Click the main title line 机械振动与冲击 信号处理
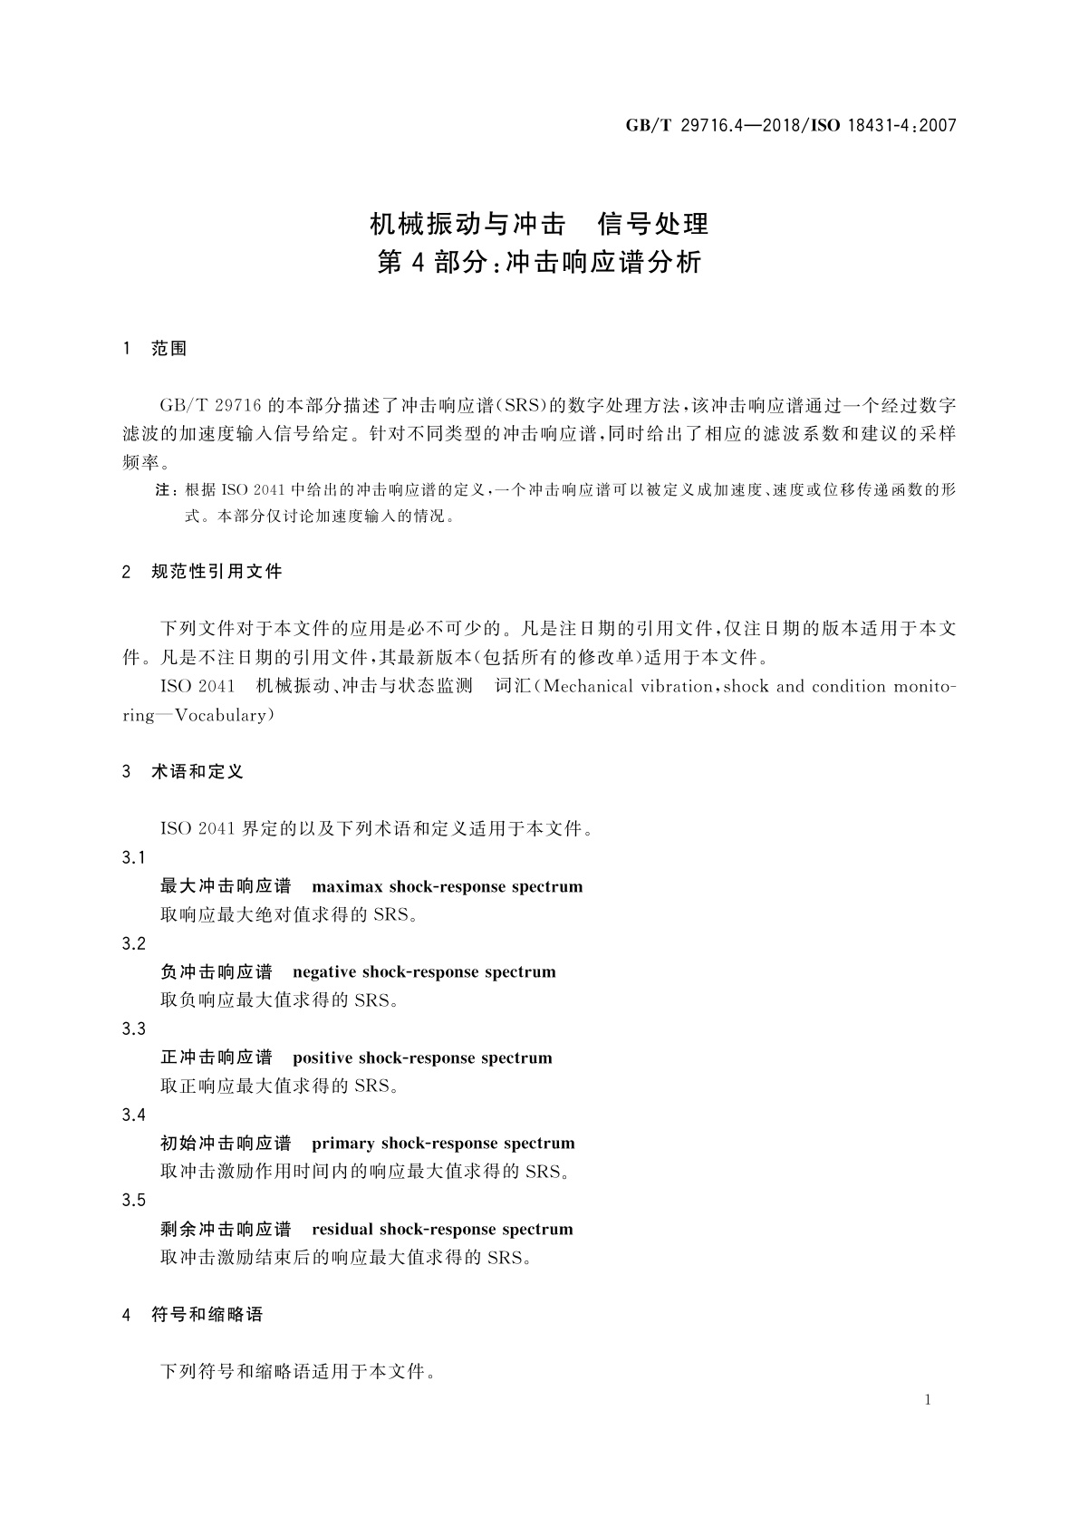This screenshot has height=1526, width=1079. click(x=539, y=223)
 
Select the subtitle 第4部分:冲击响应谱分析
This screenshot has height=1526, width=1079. click(x=539, y=263)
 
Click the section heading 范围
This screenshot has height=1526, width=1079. click(x=169, y=349)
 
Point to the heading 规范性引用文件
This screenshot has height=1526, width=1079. click(x=217, y=572)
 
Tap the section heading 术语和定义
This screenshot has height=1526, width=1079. click(x=198, y=772)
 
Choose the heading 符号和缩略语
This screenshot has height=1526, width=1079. click(x=207, y=1314)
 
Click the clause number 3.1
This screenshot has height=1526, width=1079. click(x=133, y=857)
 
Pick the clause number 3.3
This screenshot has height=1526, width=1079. click(x=133, y=1029)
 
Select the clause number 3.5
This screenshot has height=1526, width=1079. click(x=133, y=1200)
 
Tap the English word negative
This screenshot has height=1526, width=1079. click(x=324, y=972)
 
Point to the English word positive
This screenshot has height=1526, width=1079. click(x=323, y=1058)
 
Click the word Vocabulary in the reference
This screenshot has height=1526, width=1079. click(x=221, y=715)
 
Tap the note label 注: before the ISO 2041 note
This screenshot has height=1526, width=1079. click(x=166, y=490)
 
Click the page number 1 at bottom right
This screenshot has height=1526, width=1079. click(x=929, y=1400)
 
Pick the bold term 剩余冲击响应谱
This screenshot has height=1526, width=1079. click(x=226, y=1230)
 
